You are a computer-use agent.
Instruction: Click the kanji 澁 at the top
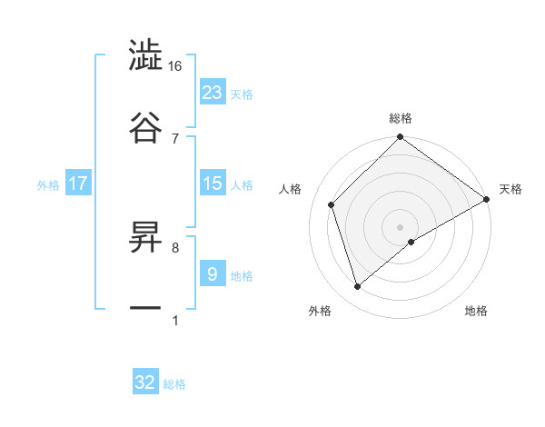pos(145,55)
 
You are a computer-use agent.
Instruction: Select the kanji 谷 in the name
pos(145,126)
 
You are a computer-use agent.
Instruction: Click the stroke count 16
pos(175,66)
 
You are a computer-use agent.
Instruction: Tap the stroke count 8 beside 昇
pos(175,246)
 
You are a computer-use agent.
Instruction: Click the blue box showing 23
pos(213,92)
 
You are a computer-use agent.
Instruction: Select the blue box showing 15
pos(213,184)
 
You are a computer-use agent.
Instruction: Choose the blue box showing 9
pos(213,273)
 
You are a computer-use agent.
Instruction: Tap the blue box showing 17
pos(78,184)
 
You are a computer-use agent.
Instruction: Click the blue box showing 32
pos(145,382)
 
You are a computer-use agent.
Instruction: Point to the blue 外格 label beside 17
pos(48,185)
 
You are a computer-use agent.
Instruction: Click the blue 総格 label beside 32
pos(174,384)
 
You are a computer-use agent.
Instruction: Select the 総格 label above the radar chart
pos(401,118)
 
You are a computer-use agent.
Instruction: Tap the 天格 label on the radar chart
pos(510,189)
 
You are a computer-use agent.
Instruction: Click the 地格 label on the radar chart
pos(476,312)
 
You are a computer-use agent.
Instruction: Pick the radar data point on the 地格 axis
pos(412,241)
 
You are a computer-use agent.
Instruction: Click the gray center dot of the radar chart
pos(401,225)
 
